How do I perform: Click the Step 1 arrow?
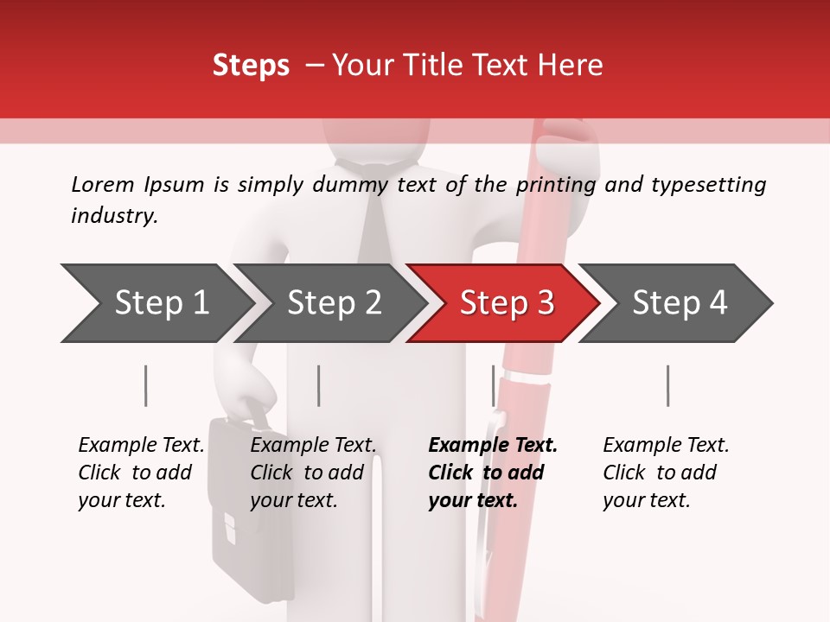click(160, 303)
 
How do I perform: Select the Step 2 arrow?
click(333, 303)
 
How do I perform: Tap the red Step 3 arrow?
click(506, 303)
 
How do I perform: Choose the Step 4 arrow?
click(679, 303)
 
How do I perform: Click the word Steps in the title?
click(251, 66)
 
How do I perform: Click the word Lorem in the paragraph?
click(103, 184)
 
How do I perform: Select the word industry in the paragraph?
click(113, 215)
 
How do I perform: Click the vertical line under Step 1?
click(146, 385)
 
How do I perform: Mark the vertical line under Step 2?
click(319, 385)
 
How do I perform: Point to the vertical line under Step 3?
click(494, 385)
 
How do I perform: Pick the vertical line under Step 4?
click(667, 385)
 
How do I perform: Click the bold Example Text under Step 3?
click(493, 446)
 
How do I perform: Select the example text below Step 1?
click(141, 473)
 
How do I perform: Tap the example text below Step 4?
click(665, 473)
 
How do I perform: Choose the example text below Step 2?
click(313, 473)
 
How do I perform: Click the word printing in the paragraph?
click(556, 184)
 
